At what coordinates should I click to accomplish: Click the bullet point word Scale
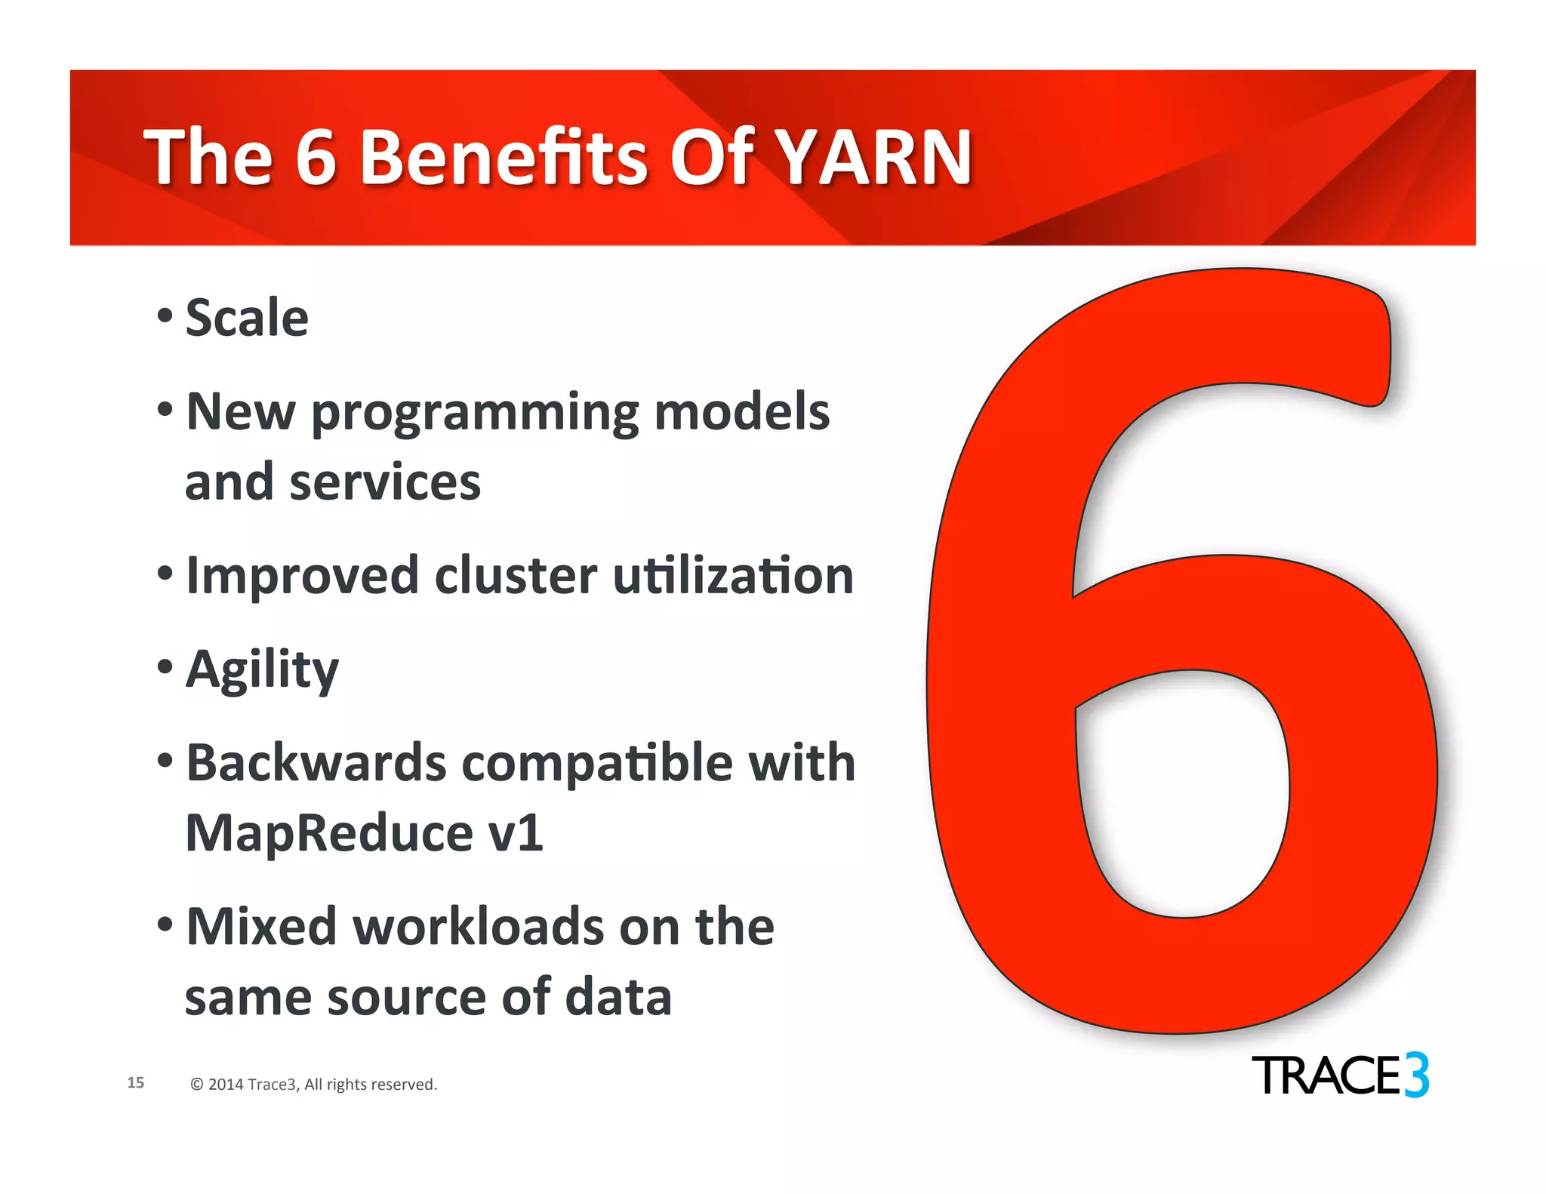(x=247, y=318)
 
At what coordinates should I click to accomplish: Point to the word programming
(x=479, y=414)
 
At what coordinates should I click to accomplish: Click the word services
(x=385, y=483)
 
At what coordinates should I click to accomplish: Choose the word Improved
(x=302, y=576)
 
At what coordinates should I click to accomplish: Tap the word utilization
(x=733, y=576)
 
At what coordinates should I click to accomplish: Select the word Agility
(x=262, y=670)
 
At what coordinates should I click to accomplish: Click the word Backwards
(x=316, y=762)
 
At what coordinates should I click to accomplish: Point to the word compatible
(x=597, y=762)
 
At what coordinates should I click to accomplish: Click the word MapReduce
(x=329, y=833)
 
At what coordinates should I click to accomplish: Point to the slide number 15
(x=136, y=1082)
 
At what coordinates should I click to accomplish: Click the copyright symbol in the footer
(x=197, y=1085)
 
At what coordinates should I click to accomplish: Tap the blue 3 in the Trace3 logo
(x=1417, y=1076)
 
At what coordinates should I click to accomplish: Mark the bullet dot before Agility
(x=165, y=666)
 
